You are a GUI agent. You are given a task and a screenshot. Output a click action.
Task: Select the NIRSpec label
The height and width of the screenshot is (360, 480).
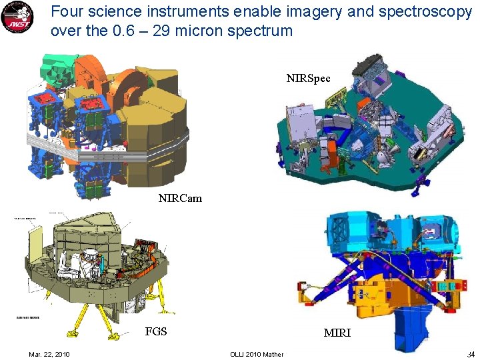[308, 78]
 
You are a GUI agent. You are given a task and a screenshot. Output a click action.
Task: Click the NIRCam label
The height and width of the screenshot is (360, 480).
[180, 198]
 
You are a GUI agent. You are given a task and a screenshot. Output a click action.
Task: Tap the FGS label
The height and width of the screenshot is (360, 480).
[156, 331]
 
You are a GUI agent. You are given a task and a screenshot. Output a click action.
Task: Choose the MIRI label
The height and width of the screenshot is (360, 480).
[337, 333]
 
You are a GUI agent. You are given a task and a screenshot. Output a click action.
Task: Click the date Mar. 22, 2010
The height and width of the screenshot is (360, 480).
[49, 353]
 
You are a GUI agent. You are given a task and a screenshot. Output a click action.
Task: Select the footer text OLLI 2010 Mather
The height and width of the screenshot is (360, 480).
[256, 353]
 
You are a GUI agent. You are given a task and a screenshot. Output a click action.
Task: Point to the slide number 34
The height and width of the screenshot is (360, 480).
[470, 353]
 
